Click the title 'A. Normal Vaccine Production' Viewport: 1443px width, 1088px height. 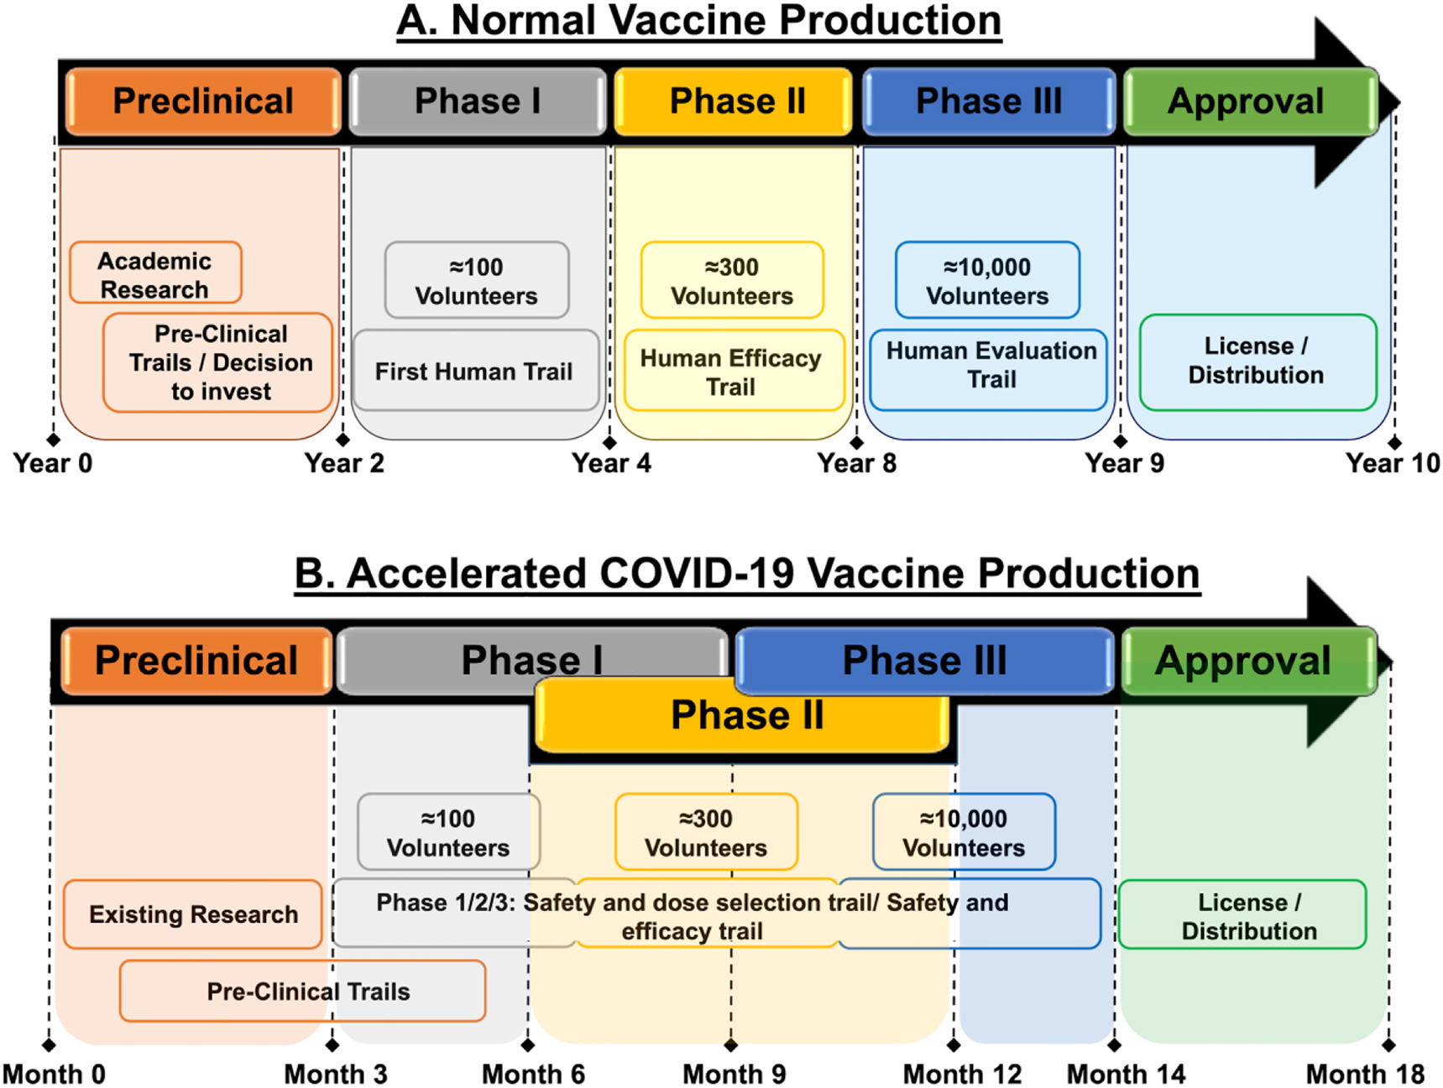698,21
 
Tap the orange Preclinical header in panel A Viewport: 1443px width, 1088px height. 203,102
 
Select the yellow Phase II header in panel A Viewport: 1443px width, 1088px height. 734,102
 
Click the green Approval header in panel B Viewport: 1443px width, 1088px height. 1249,661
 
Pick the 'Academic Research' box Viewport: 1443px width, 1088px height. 155,273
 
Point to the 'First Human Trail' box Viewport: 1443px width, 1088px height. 476,370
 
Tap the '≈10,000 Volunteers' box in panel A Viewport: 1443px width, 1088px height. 987,280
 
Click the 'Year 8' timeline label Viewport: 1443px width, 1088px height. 857,463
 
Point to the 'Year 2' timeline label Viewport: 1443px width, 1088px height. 344,463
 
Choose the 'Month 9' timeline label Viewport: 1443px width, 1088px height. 735,1074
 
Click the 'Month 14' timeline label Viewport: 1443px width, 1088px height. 1126,1074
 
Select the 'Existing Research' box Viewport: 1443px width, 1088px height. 193,914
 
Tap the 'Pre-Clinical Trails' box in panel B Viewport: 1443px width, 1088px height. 303,991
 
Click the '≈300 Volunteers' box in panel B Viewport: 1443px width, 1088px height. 706,831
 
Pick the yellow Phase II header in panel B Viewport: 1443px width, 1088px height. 743,715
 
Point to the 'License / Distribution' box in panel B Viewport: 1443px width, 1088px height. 1242,914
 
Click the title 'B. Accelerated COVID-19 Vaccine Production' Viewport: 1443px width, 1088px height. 747,575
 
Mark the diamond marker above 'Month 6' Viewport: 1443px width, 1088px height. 528,1045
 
